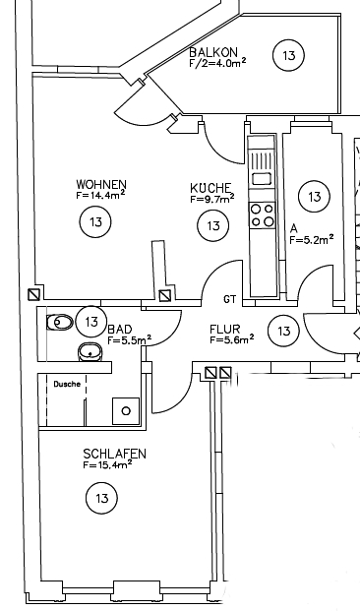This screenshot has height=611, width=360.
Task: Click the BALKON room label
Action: tap(212, 50)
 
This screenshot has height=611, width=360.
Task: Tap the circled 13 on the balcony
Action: tap(288, 56)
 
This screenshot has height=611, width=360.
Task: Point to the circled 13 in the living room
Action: tap(95, 222)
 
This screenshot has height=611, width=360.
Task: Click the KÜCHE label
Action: tap(211, 187)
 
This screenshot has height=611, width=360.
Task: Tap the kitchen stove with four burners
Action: tap(263, 215)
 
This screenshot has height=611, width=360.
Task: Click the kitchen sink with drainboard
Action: tap(263, 164)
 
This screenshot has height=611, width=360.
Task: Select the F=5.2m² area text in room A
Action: tap(312, 237)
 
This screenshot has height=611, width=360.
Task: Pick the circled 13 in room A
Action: tap(313, 197)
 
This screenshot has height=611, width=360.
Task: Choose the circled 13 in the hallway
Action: tap(283, 331)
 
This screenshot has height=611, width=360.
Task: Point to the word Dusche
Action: tap(66, 384)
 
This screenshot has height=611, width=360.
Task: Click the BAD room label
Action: tap(120, 329)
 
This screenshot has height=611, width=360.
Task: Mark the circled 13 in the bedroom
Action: tap(102, 499)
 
